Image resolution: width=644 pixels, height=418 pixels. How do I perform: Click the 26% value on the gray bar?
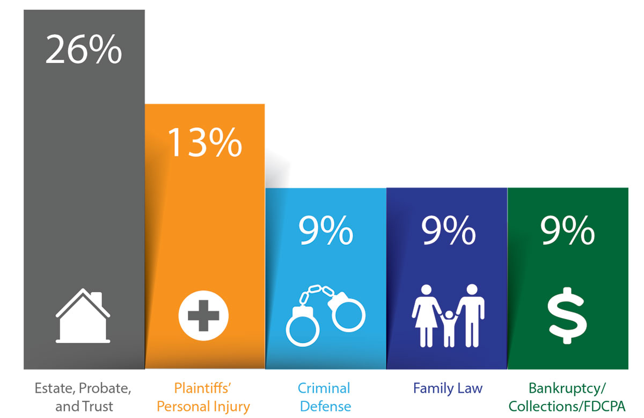[x=84, y=50]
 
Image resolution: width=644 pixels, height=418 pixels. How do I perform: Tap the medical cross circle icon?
[x=203, y=314]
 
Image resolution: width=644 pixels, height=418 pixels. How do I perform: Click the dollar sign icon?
[x=567, y=315]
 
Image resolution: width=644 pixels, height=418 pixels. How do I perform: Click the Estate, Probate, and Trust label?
[x=83, y=397]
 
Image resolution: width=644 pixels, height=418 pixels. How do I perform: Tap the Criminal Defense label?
[x=325, y=397]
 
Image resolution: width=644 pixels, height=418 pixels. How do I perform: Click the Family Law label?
[x=448, y=388]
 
